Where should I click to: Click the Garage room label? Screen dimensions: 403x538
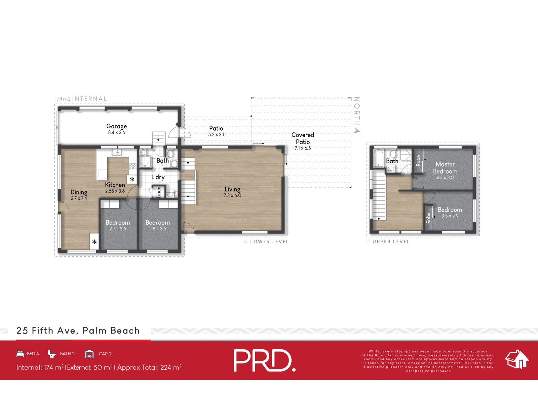coord(116,126)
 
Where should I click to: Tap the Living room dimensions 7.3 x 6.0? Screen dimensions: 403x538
coord(232,195)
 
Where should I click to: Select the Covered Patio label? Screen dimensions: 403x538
coord(303,138)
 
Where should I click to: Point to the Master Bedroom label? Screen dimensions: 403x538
coord(445,168)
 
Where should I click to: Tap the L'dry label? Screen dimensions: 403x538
coord(158,177)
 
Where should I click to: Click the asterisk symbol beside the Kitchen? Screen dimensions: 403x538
coord(132,179)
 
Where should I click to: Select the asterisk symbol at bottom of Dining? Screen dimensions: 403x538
coord(94,242)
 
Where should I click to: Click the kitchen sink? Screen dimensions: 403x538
coord(117,153)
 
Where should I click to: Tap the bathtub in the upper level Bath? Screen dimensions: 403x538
coord(378,158)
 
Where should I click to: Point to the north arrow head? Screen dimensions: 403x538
coord(357,130)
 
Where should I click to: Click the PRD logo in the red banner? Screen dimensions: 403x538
coord(264,360)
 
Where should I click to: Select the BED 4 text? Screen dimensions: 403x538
coord(33,354)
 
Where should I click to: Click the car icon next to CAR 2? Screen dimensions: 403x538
coord(89,354)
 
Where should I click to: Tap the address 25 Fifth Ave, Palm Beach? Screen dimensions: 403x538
coord(78,331)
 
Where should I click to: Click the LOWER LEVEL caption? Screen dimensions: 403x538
coord(269,241)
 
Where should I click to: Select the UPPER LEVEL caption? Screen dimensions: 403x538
coord(391,241)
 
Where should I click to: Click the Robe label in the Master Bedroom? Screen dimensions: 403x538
coord(418,161)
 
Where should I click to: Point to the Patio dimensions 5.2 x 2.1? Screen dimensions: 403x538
coord(216,135)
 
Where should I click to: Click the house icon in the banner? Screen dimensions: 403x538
coord(516,359)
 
